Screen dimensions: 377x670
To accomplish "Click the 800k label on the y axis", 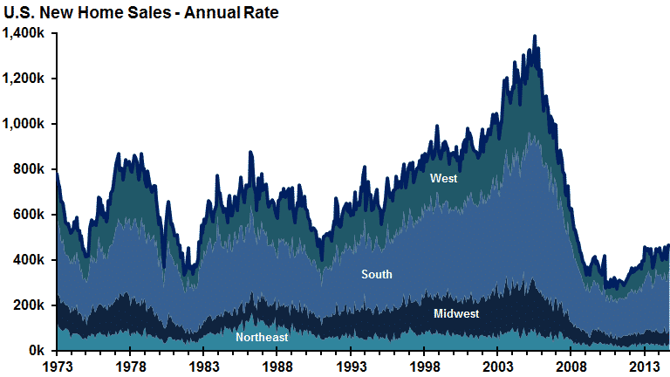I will coord(30,169).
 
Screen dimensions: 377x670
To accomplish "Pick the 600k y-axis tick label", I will coord(30,215).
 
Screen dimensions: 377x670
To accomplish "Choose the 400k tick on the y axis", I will coord(30,260).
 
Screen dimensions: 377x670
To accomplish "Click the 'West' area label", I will coord(443,179).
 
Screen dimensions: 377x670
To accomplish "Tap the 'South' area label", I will coord(377,275).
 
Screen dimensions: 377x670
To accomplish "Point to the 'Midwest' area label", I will coord(456,313).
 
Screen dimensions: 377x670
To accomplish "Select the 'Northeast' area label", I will coord(262,337).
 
